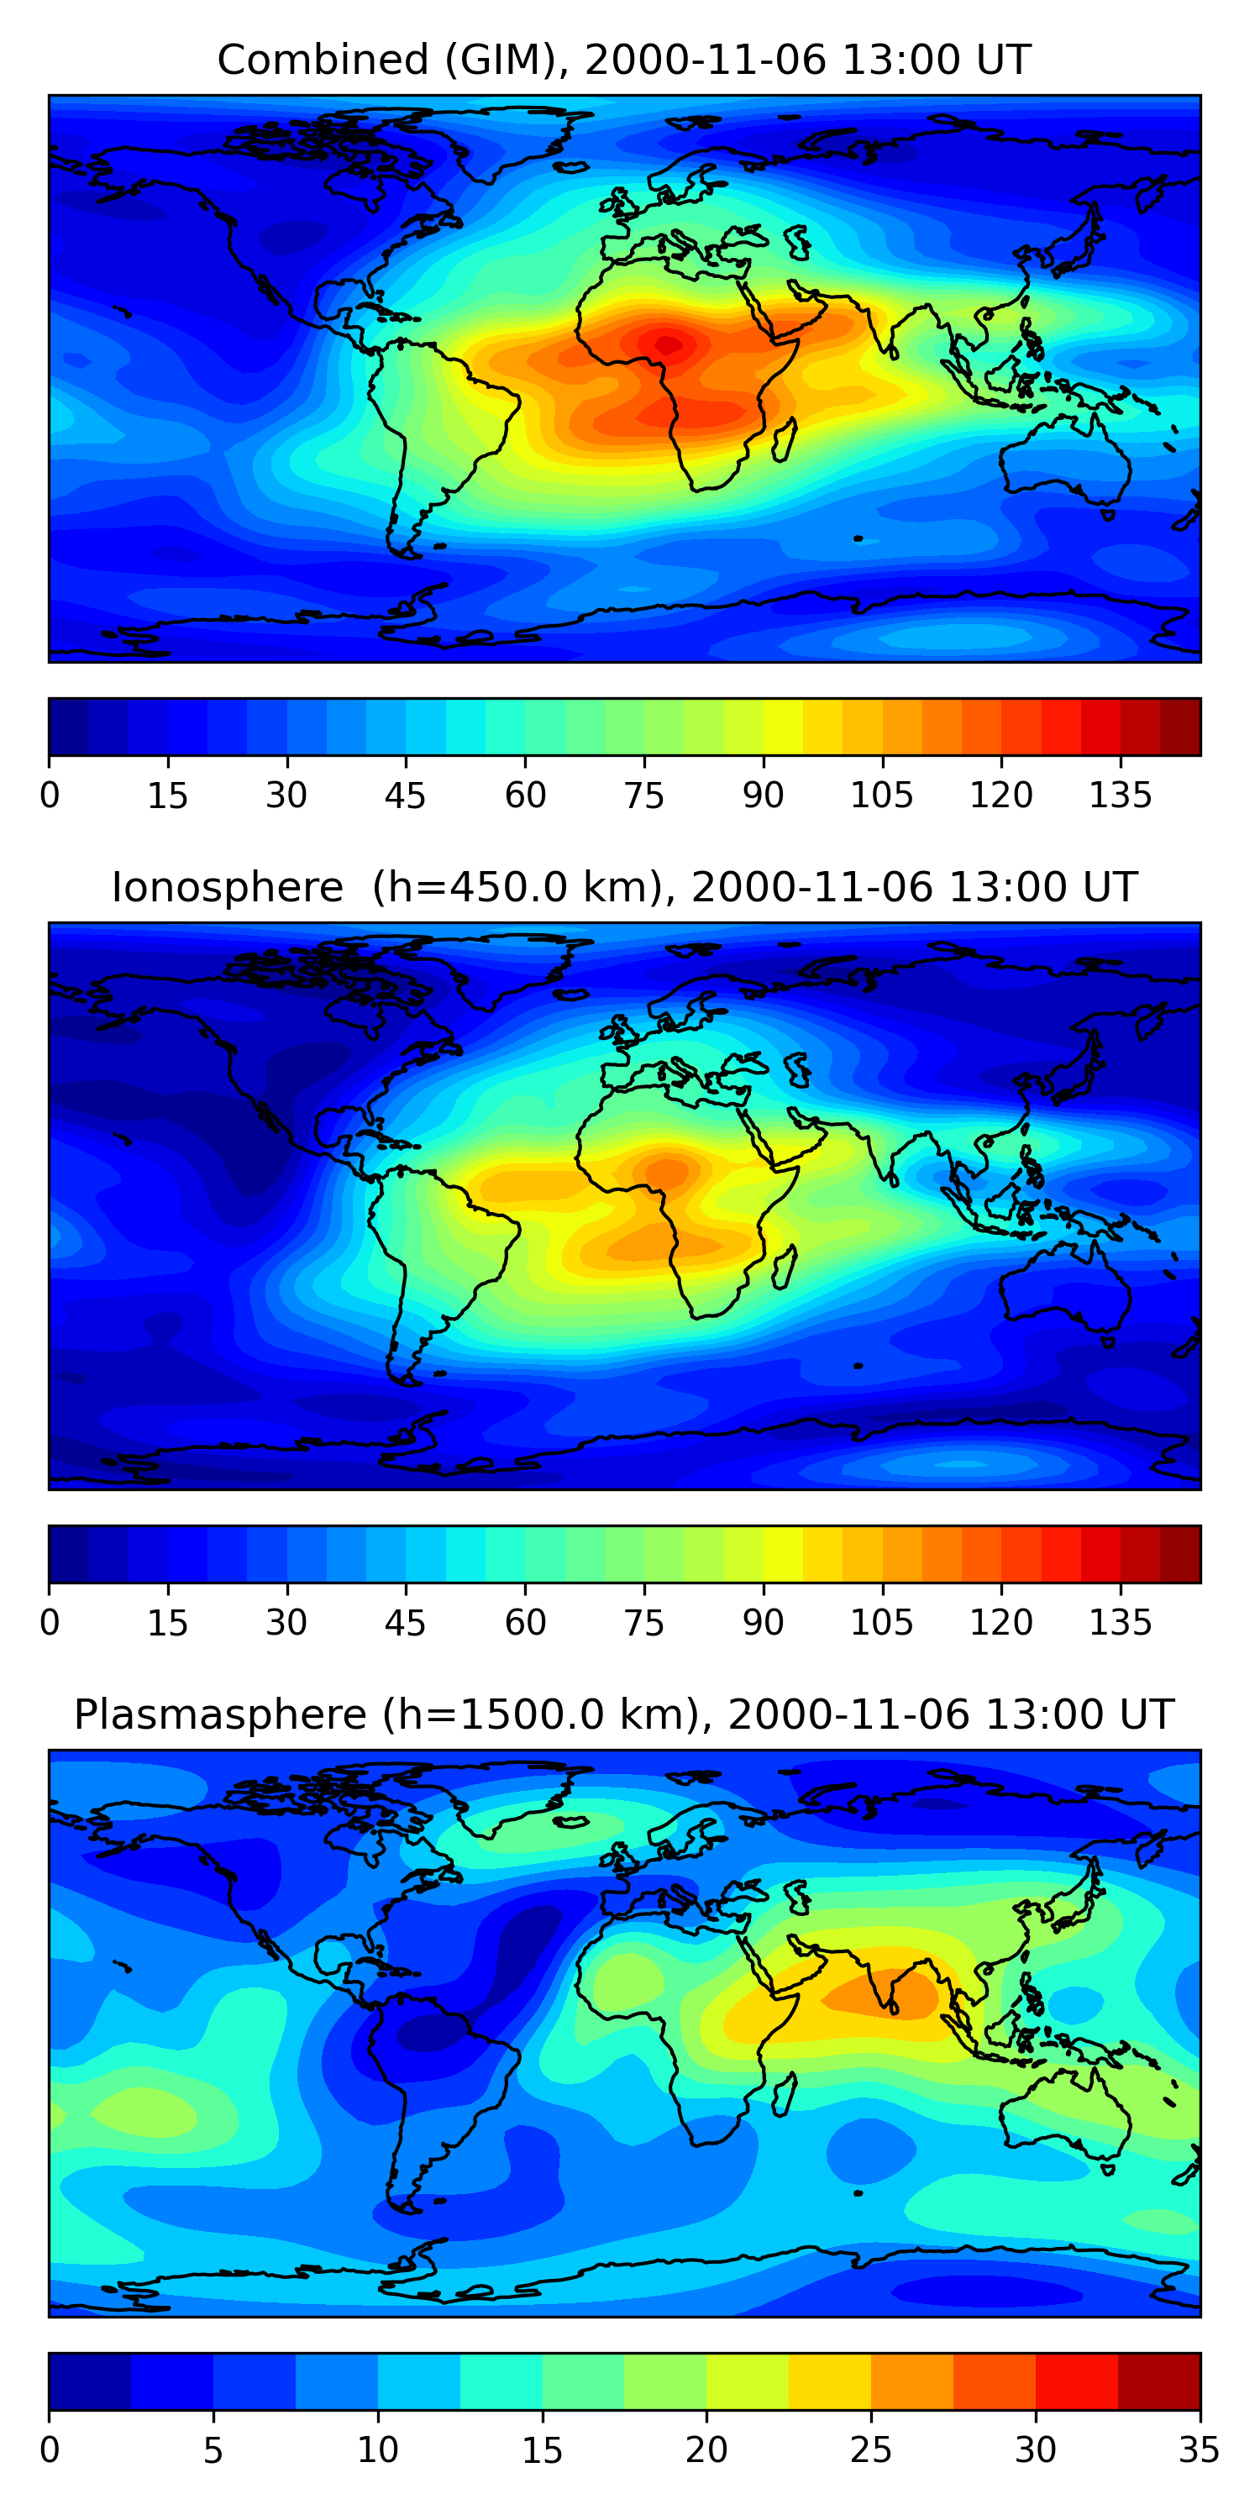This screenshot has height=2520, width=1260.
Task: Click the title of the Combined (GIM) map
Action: point(623,60)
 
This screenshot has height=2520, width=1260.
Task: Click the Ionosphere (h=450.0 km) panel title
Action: point(623,888)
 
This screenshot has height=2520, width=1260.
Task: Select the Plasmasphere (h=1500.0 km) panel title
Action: point(623,1715)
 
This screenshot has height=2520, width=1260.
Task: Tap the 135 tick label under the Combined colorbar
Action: point(1120,796)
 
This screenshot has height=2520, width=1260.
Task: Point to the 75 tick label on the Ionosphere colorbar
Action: point(643,1623)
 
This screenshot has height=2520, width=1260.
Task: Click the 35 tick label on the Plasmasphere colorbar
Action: point(1199,2450)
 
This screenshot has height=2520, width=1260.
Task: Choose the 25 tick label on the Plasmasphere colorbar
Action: point(869,2450)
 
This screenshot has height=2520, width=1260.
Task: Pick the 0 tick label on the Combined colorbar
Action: point(50,796)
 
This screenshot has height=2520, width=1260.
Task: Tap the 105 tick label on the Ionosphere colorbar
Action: point(881,1623)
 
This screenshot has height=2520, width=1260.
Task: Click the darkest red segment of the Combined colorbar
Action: point(1180,727)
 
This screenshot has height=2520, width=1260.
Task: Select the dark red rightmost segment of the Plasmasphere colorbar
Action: point(1158,2381)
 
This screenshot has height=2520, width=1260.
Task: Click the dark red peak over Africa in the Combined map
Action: point(668,344)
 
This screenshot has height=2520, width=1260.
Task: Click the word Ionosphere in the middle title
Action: point(227,888)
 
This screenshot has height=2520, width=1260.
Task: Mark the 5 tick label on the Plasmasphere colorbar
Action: point(213,2450)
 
